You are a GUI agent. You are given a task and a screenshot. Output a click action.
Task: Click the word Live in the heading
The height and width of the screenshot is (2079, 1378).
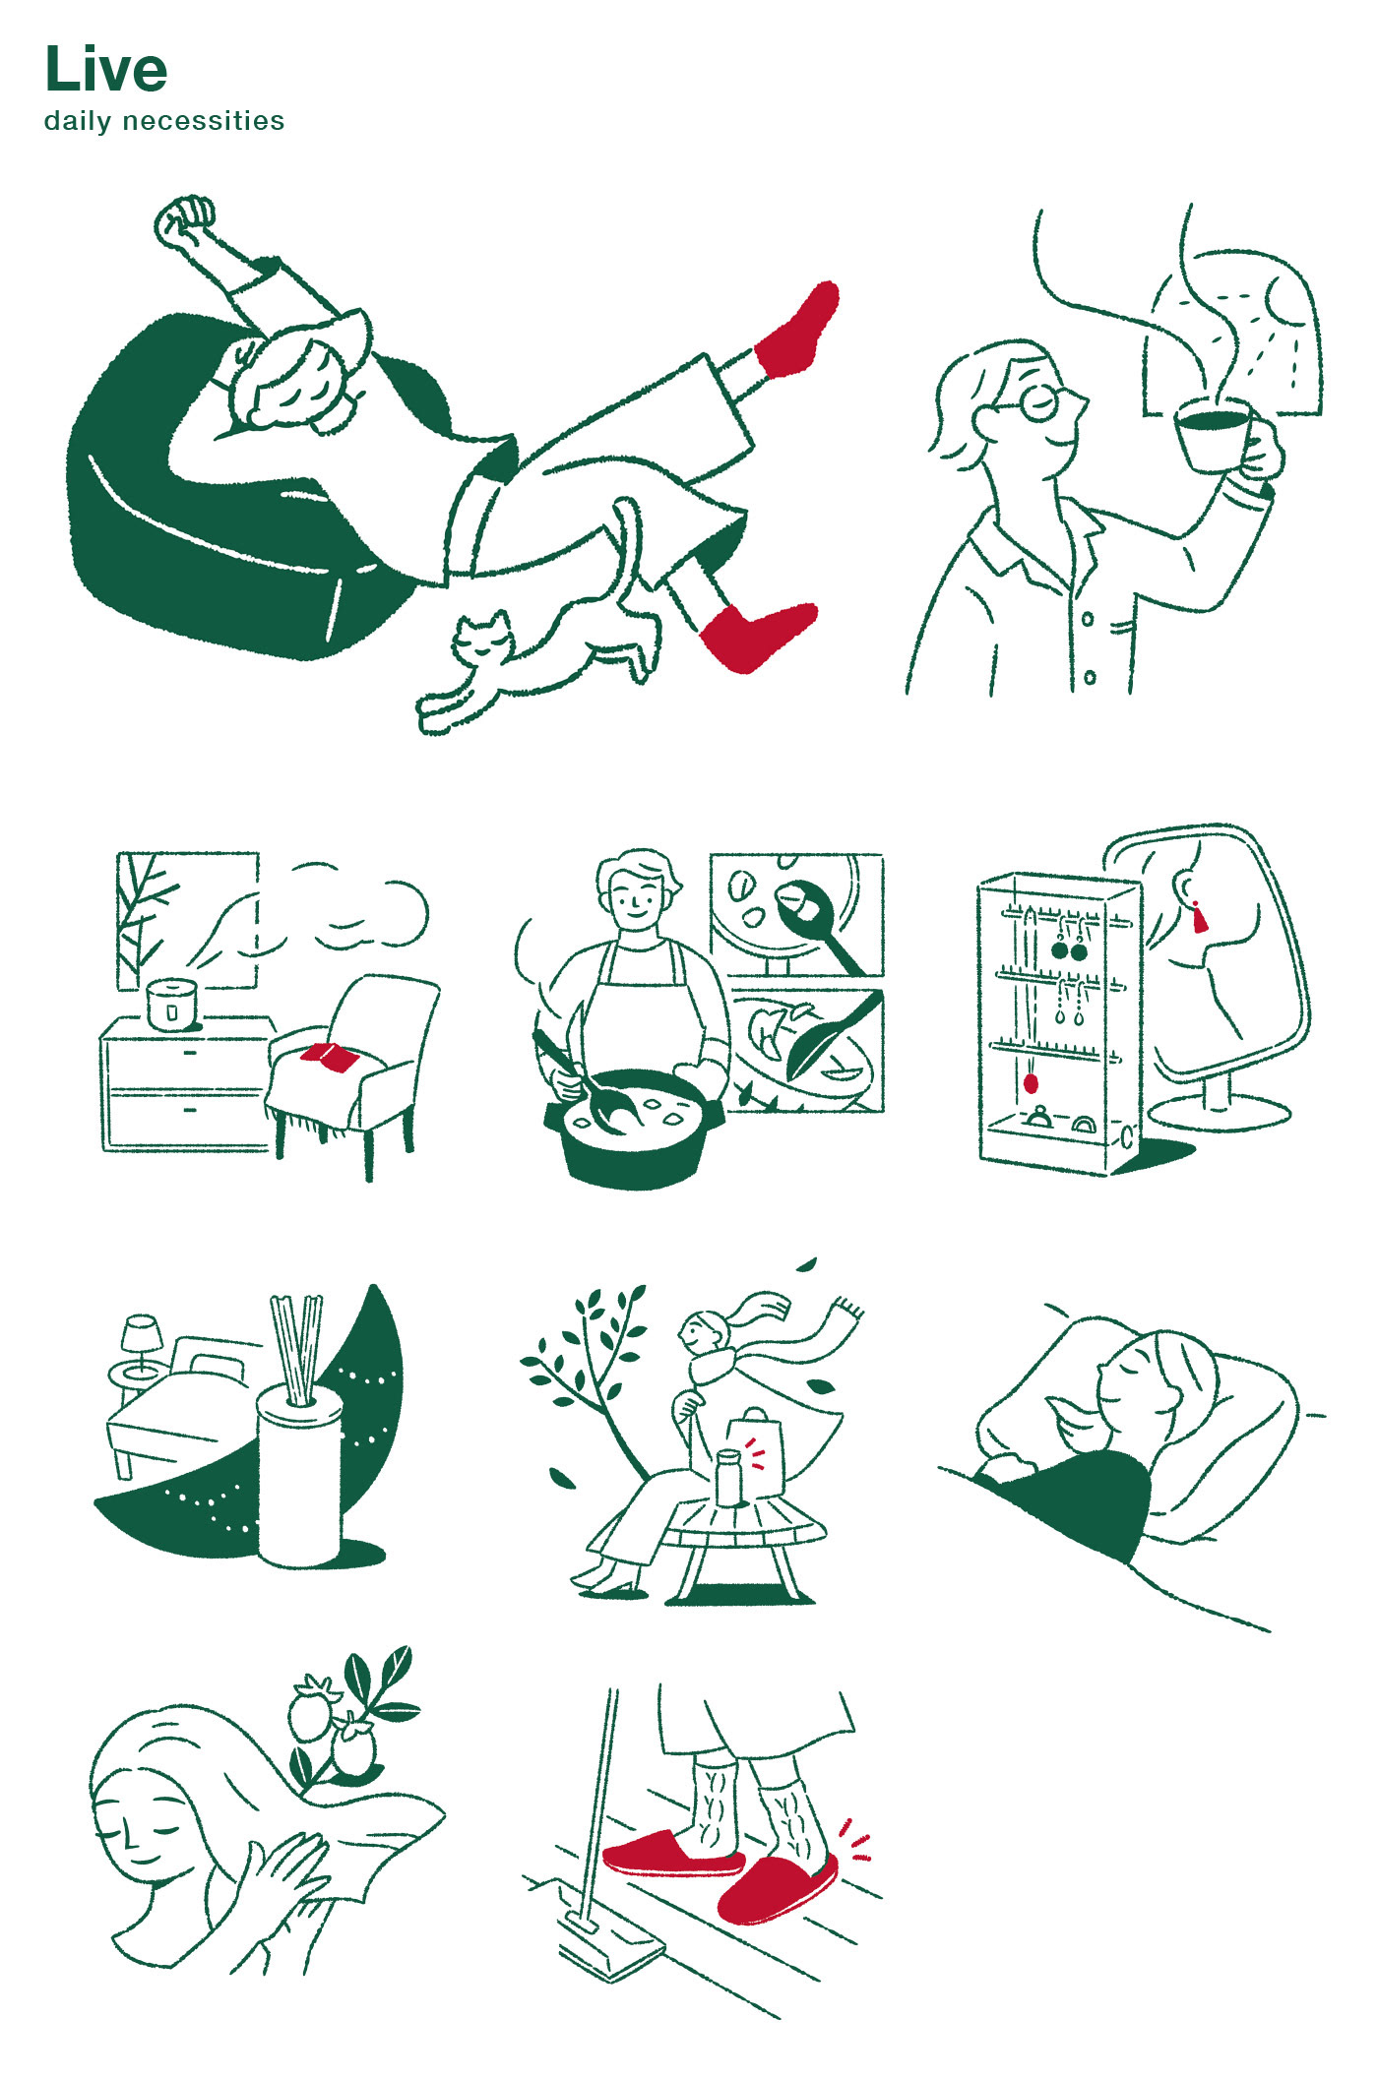(x=106, y=70)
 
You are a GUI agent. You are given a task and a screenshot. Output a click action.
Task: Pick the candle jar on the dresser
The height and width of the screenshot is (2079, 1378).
(x=171, y=1005)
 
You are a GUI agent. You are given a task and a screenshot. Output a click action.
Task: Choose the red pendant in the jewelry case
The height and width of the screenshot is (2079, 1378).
(x=1031, y=1084)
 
